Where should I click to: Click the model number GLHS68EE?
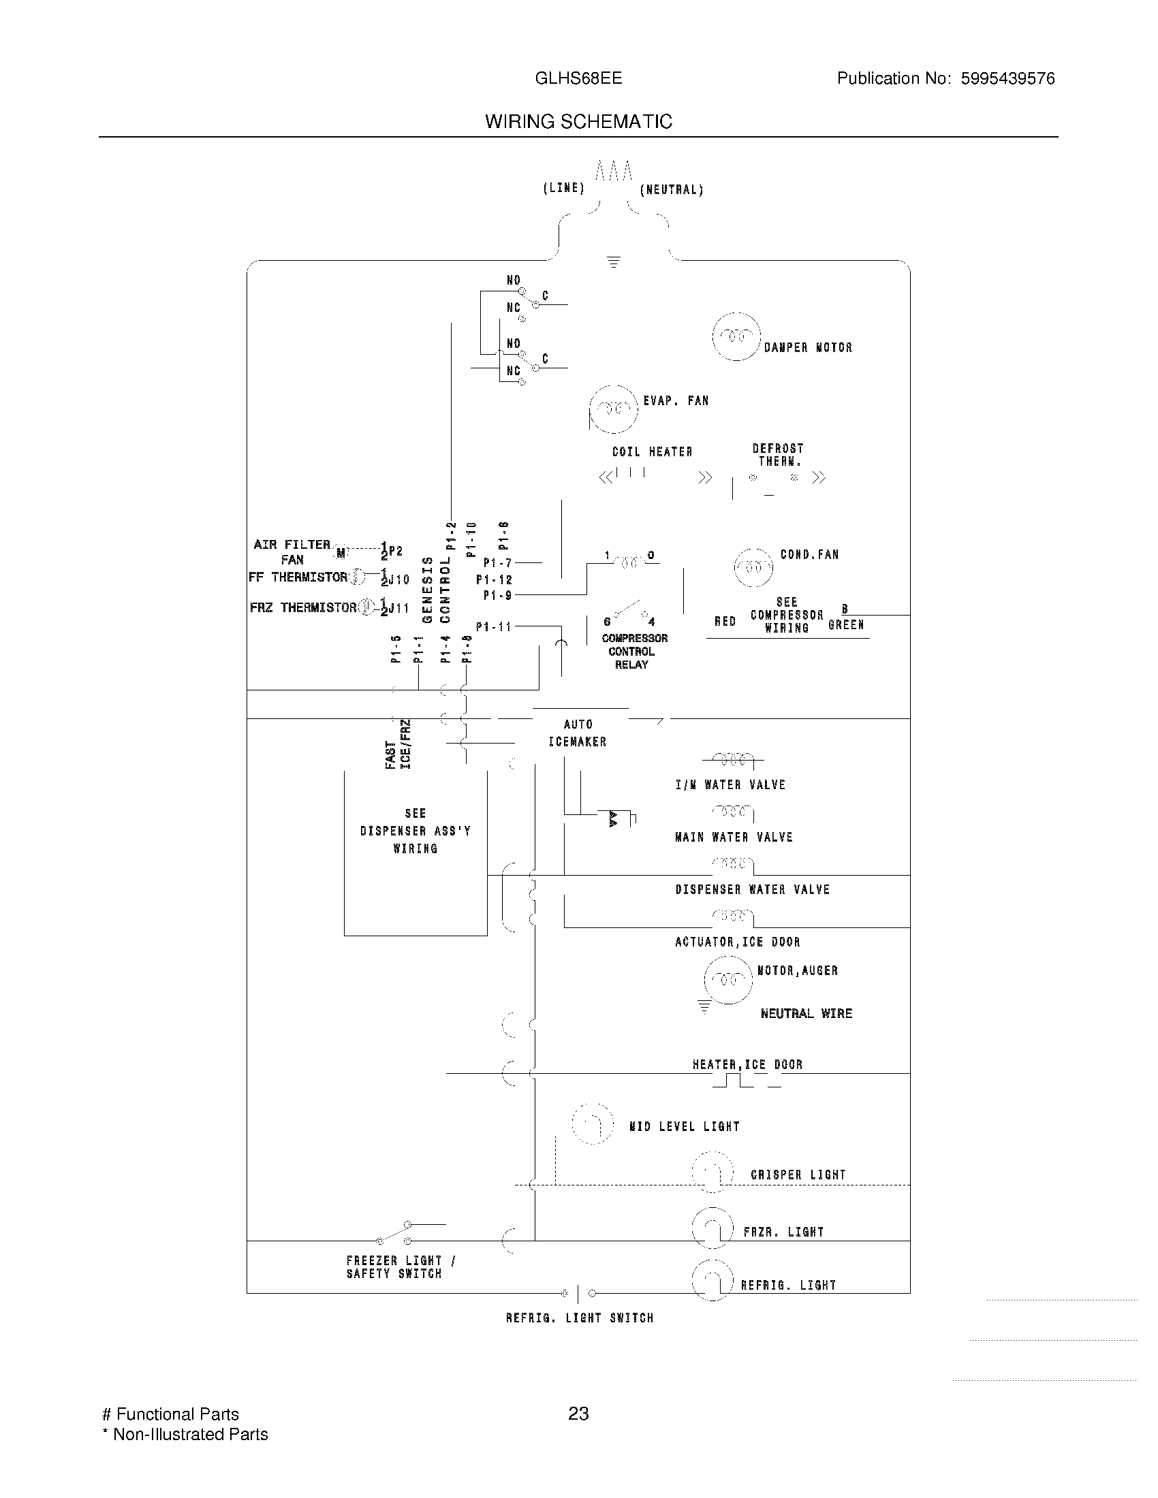tap(578, 78)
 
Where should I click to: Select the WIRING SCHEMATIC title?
tap(578, 121)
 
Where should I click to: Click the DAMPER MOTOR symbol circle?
tap(736, 336)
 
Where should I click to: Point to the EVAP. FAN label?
tap(675, 400)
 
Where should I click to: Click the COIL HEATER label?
tap(652, 451)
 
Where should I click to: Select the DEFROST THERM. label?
tap(778, 454)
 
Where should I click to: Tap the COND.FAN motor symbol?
tap(753, 567)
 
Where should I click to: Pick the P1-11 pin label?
tap(494, 626)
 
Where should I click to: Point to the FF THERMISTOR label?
tap(298, 577)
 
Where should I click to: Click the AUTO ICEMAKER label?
tap(578, 733)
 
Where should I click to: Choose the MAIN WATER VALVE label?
tap(734, 837)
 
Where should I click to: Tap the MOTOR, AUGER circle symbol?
tap(728, 978)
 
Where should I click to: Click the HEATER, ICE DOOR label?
tap(747, 1064)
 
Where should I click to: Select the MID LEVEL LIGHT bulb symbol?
tap(592, 1123)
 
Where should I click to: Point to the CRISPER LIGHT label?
tap(797, 1175)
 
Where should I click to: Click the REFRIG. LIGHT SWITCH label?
tap(579, 1318)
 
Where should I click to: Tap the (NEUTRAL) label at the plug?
tap(671, 190)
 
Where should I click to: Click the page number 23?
tap(578, 1413)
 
